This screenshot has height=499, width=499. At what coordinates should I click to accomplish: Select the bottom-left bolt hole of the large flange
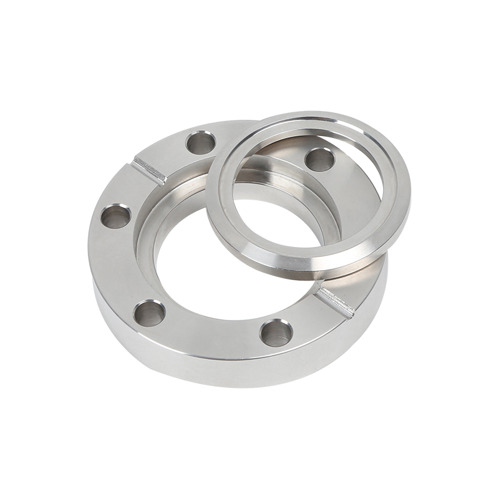click(150, 312)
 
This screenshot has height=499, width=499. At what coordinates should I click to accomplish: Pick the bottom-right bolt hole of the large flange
click(275, 331)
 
